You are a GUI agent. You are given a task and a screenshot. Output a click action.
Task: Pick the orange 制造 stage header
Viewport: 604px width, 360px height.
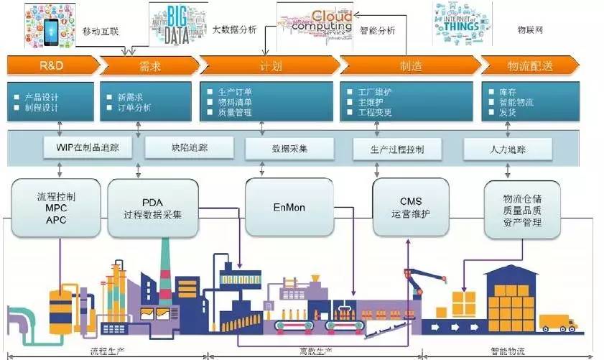click(x=409, y=66)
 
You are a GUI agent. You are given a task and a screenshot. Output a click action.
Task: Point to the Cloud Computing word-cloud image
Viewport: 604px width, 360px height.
click(x=316, y=24)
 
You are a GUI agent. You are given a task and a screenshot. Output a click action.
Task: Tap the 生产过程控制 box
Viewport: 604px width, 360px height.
click(x=396, y=149)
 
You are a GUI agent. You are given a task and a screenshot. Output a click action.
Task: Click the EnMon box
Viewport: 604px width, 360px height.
click(x=289, y=206)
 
